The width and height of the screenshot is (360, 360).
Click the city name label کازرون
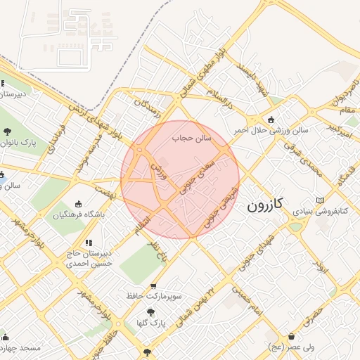coord(265,205)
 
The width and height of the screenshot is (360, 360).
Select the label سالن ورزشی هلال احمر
coord(271,130)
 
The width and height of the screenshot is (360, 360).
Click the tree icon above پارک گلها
coord(150,312)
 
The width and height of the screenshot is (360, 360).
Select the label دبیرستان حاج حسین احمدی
coord(89,259)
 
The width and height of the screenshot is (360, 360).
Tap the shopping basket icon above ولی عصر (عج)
coord(291,337)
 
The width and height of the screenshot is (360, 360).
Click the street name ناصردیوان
coord(342,96)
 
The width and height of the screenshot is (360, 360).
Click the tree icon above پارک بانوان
coord(7,131)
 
